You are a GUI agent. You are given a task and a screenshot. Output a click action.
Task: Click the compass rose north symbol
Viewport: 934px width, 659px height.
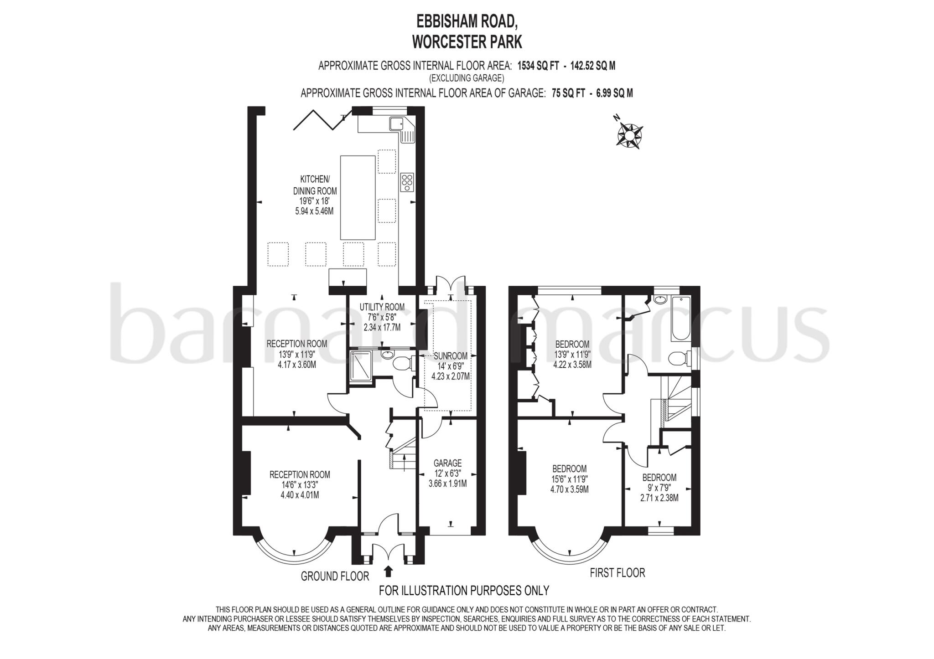[x=629, y=134]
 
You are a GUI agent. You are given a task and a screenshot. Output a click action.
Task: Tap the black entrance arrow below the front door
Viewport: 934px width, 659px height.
[x=389, y=571]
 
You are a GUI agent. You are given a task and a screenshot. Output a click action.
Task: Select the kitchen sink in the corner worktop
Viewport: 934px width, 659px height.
[x=395, y=123]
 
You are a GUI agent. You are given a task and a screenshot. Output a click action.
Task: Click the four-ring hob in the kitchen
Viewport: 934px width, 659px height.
[x=407, y=182]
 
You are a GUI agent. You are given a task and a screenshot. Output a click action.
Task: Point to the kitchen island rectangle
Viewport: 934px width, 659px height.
[x=358, y=197]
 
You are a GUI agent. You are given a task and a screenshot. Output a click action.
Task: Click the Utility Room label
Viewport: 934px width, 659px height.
[x=382, y=307]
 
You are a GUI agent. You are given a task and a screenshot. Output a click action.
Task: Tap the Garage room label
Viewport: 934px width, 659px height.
[x=447, y=463]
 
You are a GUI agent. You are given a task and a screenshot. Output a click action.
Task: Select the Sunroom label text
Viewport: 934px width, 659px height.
[x=451, y=356]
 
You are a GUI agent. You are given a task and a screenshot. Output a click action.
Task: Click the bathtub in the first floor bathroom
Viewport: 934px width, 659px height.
[x=682, y=318]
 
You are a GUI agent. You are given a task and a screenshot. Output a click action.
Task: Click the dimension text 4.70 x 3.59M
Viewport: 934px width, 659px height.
[x=570, y=489]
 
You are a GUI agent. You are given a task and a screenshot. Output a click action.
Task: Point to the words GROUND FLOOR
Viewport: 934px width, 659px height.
[x=335, y=577]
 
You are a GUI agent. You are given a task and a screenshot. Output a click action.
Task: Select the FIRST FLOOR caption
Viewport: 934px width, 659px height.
[x=617, y=573]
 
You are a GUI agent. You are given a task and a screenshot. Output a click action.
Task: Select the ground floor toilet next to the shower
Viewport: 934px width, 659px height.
[x=402, y=363]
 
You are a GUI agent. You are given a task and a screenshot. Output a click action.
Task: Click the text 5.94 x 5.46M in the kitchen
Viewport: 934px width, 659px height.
[x=315, y=211]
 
